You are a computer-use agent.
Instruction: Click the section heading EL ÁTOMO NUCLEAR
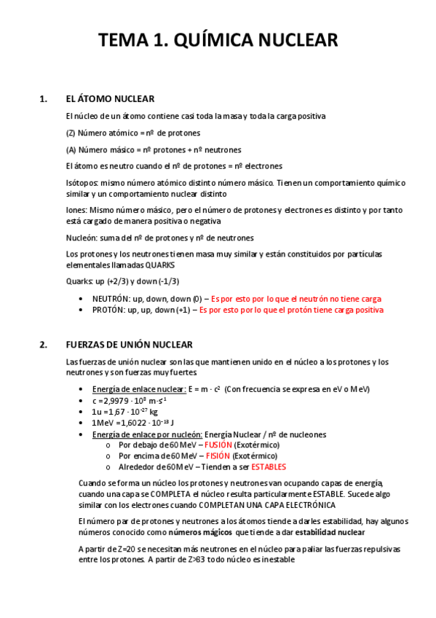coord(110,99)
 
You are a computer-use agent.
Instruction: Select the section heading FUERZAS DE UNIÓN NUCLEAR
coord(129,345)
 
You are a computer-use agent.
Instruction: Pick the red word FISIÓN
coord(218,455)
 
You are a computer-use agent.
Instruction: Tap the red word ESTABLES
coord(268,466)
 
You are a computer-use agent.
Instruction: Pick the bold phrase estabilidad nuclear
coord(330,532)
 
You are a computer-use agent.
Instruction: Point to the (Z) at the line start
coord(71,133)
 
